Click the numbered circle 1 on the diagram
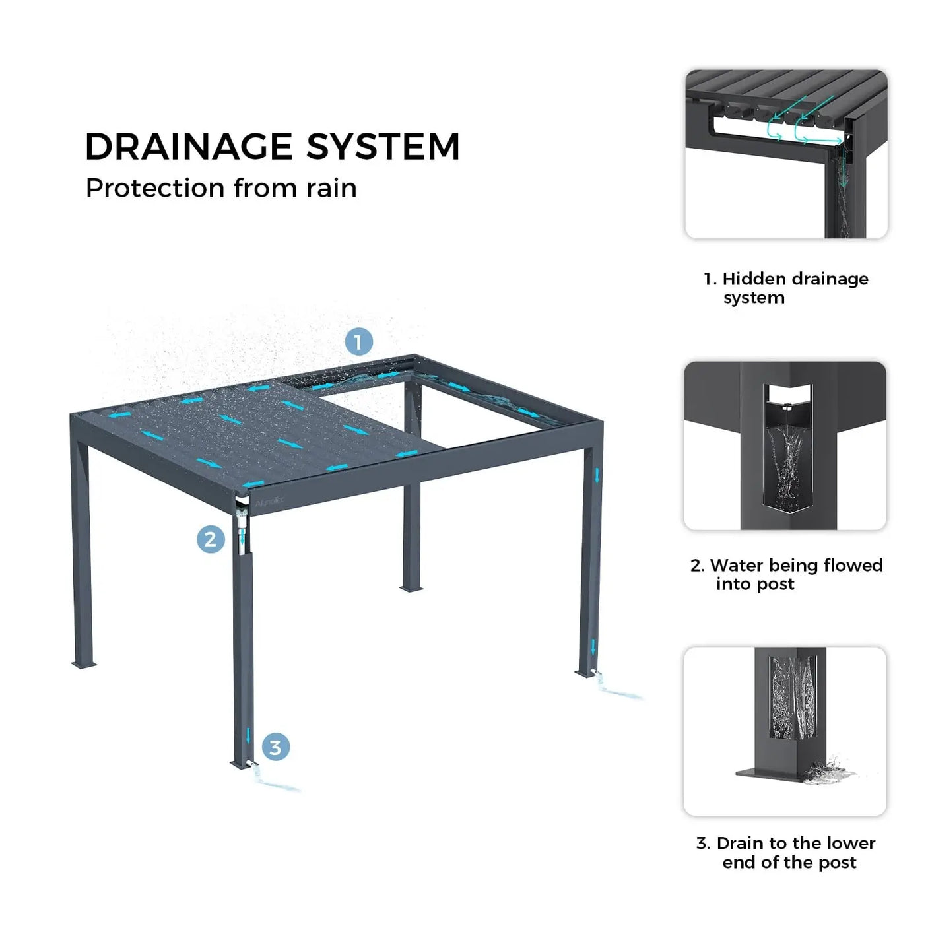[359, 342]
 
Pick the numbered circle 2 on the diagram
[211, 539]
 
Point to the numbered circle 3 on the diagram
[276, 747]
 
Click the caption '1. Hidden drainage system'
[786, 288]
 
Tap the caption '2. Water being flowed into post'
[786, 574]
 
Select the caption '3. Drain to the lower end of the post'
[786, 852]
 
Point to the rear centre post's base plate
[411, 588]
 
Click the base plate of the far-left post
[84, 665]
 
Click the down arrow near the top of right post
[597, 476]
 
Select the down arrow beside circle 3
[248, 735]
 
